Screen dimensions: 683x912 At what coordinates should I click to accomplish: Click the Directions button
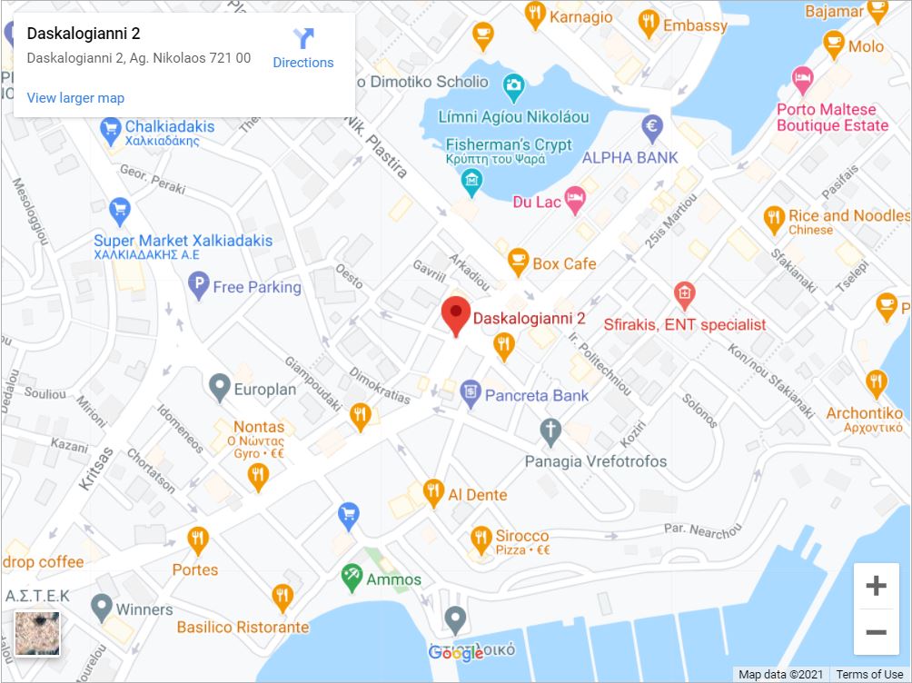303,48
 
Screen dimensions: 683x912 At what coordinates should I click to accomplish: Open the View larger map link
75,98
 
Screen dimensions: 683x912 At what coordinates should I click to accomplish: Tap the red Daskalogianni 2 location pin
455,314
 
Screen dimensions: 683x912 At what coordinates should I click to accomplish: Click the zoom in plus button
876,586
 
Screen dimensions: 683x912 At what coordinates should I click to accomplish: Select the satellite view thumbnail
37,633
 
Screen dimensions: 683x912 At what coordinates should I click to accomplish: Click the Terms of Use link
869,674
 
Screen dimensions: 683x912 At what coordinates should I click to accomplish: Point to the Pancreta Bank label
537,395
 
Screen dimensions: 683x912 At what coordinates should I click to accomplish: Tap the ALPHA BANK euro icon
652,129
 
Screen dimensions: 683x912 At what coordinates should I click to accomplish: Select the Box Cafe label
564,263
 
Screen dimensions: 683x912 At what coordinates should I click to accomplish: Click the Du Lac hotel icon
574,201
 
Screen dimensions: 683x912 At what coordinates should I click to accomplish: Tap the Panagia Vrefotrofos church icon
550,432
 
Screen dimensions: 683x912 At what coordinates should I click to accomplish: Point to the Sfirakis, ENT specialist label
685,324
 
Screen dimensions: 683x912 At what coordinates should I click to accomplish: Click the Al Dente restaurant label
478,495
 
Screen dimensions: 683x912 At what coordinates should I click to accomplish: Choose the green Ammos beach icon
352,576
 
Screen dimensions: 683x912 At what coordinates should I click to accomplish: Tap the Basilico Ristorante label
243,627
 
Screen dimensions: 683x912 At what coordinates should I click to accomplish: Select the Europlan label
265,389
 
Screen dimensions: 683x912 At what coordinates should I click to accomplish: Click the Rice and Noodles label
848,216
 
